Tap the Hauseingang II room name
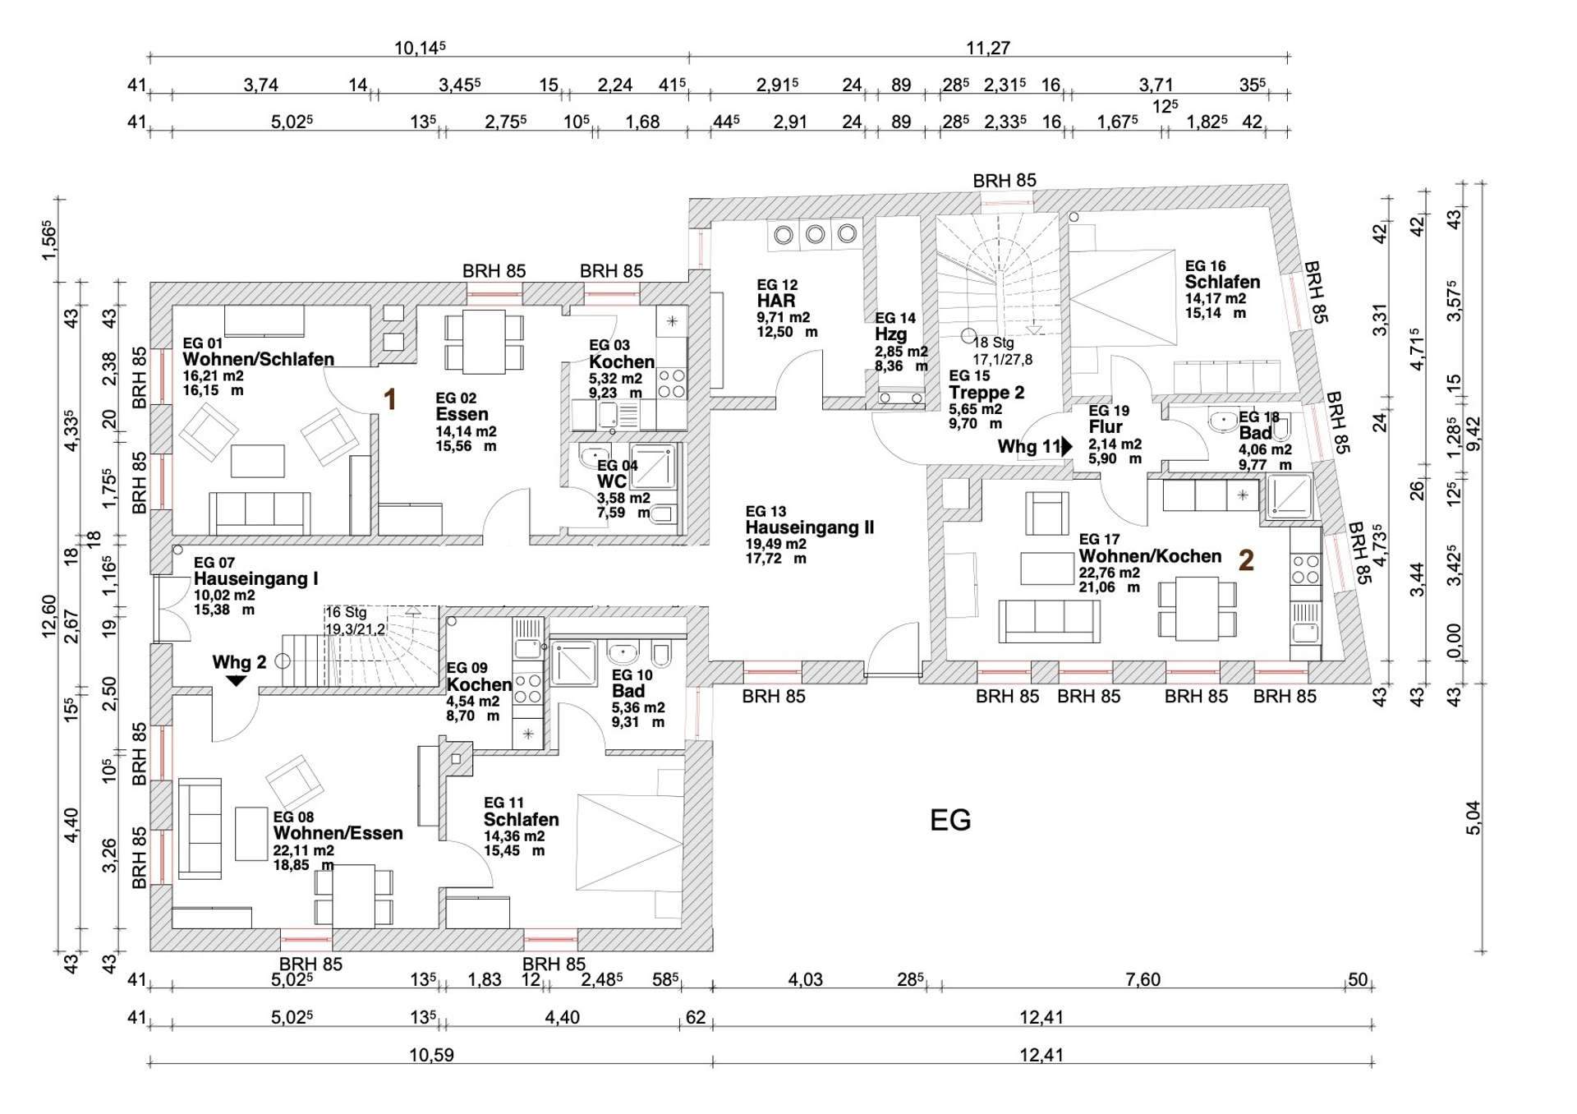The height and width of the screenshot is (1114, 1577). click(809, 527)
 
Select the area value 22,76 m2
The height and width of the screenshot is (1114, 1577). click(1109, 573)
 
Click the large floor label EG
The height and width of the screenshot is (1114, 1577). click(950, 820)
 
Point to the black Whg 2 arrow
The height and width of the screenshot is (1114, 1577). click(237, 680)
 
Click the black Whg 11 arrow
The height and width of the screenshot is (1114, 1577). click(1067, 447)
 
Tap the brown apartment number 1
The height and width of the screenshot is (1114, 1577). click(391, 400)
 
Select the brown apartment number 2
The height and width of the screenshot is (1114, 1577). click(1245, 560)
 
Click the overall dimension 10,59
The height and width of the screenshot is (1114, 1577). click(431, 1055)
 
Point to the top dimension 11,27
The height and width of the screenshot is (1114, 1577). click(987, 48)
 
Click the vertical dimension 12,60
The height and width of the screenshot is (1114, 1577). click(50, 616)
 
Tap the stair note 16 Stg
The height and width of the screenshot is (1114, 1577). click(346, 613)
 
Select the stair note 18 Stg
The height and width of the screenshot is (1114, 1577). click(993, 343)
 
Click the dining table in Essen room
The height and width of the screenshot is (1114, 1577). click(484, 341)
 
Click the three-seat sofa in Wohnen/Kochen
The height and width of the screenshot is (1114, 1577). click(1049, 620)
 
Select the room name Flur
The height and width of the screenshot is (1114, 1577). click(1105, 427)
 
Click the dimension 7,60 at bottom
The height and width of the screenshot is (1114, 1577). click(1143, 979)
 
